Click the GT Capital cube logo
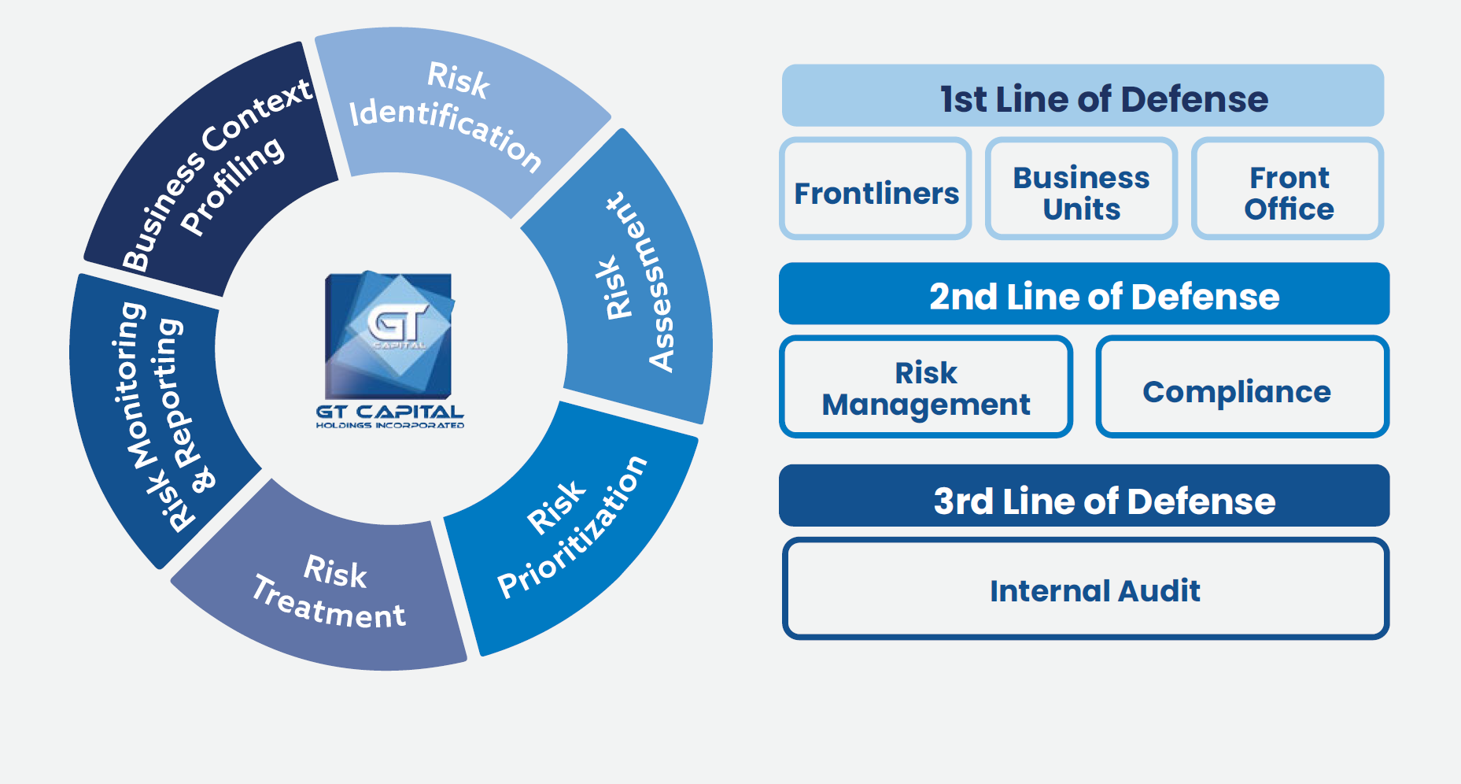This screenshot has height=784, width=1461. [389, 335]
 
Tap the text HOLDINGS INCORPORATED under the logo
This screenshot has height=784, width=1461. [390, 425]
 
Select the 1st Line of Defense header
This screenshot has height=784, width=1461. [1083, 95]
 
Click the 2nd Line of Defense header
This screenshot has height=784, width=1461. [1084, 294]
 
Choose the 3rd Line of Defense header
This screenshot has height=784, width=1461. [1084, 496]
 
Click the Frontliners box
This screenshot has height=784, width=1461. [876, 189]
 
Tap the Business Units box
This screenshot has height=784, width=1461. [1081, 189]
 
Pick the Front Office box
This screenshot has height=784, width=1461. [1288, 189]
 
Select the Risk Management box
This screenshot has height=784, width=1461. [926, 386]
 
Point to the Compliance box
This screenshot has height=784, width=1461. [1243, 386]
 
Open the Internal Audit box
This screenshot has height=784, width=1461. [1086, 589]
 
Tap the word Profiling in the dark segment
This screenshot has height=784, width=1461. [233, 186]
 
